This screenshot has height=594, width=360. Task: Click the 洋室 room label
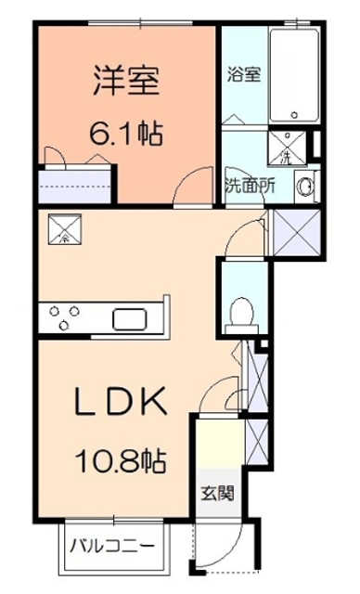tap(126, 81)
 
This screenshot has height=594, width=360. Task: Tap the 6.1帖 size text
tap(126, 134)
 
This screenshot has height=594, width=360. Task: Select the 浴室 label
tap(244, 74)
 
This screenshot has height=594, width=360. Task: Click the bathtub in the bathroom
tap(294, 74)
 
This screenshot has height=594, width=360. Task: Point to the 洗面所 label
tap(250, 187)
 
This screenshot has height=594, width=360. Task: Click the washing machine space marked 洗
tap(287, 148)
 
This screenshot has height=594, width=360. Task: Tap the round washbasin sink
tap(304, 187)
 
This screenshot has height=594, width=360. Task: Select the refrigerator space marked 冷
tap(65, 228)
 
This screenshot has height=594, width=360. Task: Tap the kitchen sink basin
tap(130, 319)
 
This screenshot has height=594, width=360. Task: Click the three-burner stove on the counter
tap(65, 317)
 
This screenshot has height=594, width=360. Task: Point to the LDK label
tap(121, 401)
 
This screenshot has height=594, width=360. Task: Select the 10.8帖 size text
tap(122, 461)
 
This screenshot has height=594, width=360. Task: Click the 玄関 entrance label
tap(218, 493)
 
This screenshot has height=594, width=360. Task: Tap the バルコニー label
tap(112, 546)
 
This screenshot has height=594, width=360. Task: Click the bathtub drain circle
tap(294, 114)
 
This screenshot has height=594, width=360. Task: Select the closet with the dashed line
tap(75, 186)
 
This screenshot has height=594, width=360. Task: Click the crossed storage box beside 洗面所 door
tap(297, 232)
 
